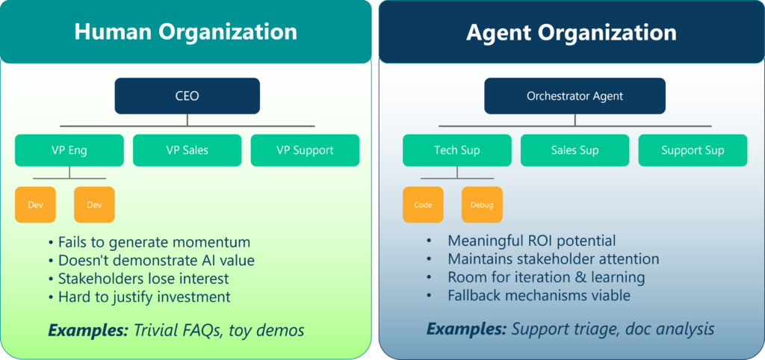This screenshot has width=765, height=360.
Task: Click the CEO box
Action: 188,96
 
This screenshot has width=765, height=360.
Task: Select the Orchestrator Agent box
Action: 574,96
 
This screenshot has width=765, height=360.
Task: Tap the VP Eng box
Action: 69,150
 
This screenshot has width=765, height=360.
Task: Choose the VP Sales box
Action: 188,150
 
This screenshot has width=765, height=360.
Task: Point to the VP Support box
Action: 305,150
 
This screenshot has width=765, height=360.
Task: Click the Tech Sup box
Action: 457,150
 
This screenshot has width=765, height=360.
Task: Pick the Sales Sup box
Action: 574,150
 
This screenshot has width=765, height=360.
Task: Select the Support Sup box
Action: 693,150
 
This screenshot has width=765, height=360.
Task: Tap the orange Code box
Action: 423,205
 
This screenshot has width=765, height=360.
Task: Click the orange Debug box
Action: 482,205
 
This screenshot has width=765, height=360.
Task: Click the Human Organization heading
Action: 185,32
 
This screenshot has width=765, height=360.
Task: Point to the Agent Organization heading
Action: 572,32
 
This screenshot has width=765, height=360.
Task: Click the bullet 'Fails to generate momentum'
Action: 149,242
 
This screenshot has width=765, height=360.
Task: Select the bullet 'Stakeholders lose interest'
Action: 138,279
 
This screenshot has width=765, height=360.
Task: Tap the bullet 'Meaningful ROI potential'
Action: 521,240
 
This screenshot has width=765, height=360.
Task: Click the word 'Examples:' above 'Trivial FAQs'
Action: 87,331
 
